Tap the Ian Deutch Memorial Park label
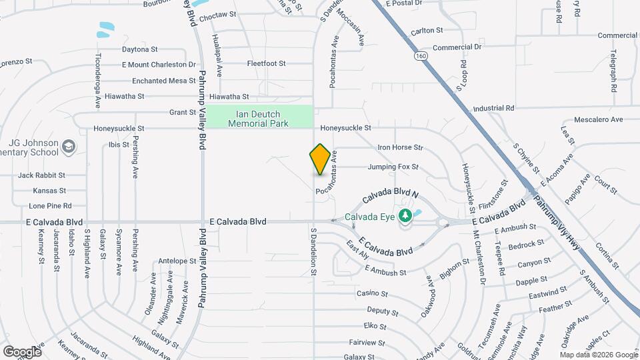pos(259,118)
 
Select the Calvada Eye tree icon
pos(404,215)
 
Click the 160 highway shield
pos(419,55)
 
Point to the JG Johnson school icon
pos(68,146)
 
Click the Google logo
pos(22,351)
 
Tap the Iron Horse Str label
pos(400,147)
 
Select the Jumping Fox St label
pos(392,167)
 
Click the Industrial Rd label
pos(493,108)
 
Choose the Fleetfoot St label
pos(266,64)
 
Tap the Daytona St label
pos(139,49)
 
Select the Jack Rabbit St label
pos(42,175)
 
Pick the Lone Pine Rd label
pos(50,206)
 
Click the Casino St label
pos(372,293)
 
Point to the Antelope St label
pos(177,261)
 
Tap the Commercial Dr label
pos(457,47)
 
